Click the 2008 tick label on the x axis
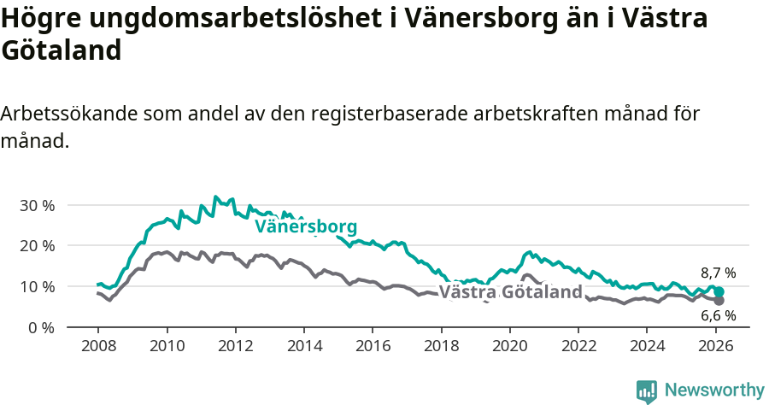point(98,347)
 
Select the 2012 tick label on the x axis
point(235,347)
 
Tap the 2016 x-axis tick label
point(373,347)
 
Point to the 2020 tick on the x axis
point(509,347)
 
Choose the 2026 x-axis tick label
point(715,347)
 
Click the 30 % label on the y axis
point(37,205)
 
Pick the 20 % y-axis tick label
point(37,245)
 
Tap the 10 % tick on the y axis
point(37,286)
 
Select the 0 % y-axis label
point(41,327)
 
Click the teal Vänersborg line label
point(306,226)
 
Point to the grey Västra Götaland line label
point(511,292)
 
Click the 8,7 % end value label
point(718,273)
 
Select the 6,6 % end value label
point(718,315)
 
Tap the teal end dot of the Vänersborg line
point(719,292)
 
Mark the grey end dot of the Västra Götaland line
point(719,301)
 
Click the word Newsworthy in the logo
point(713,390)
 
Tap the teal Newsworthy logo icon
point(647,391)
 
